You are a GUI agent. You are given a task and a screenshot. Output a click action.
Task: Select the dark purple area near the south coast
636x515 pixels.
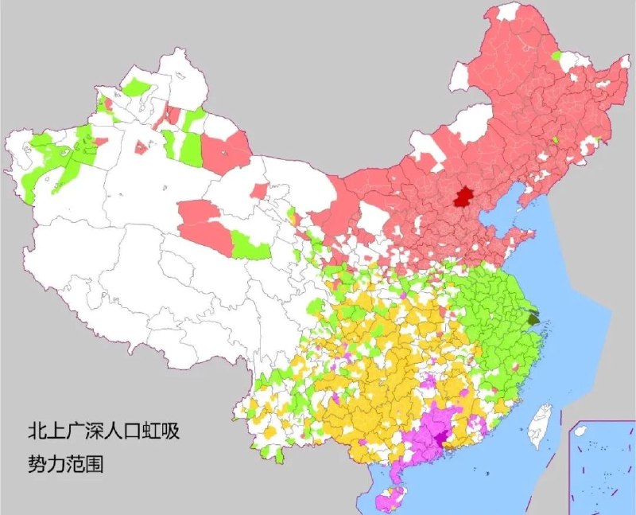coord(442,439)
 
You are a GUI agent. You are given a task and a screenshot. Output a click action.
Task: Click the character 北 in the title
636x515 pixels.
coord(34,434)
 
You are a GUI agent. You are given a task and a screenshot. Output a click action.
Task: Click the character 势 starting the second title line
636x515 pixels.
coord(34,462)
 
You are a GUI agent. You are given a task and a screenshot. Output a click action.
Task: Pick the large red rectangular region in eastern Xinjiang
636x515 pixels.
coord(227,151)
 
